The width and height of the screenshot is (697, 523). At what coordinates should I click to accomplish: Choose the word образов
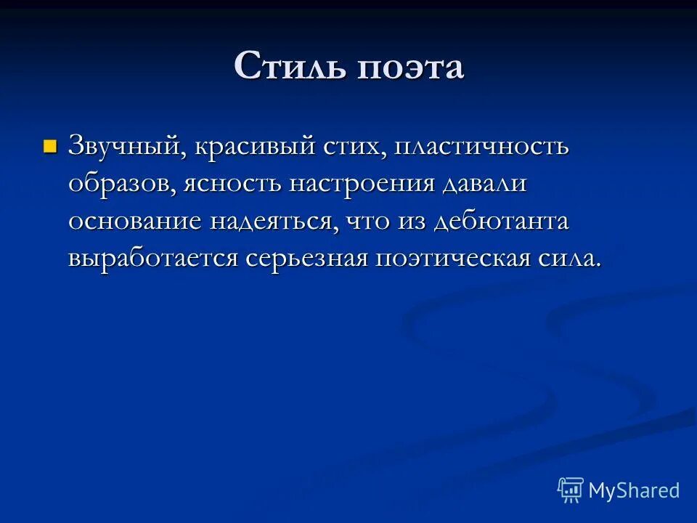click(x=120, y=185)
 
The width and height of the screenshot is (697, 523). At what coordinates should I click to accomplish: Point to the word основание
click(x=135, y=222)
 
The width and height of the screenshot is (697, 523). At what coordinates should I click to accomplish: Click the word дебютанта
click(x=500, y=222)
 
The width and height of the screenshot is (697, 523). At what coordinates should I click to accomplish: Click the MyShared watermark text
click(x=634, y=490)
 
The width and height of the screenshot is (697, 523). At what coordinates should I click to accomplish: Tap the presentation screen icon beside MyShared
click(x=571, y=490)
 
